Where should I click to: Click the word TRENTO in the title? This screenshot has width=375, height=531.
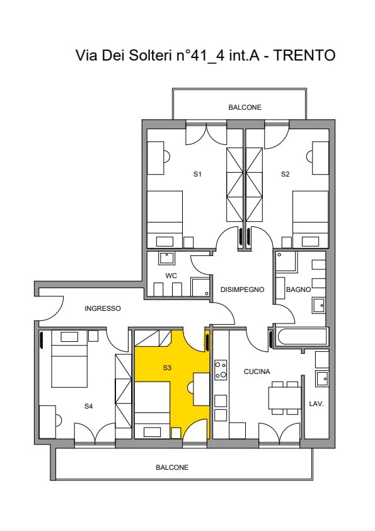[304, 55]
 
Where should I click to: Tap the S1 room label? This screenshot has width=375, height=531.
[198, 174]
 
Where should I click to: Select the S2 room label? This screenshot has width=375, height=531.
[286, 174]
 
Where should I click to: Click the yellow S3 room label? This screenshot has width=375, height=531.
[167, 368]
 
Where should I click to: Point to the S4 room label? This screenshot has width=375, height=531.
[89, 406]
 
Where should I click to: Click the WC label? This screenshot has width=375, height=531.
[171, 276]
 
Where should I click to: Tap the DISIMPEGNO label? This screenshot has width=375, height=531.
[242, 289]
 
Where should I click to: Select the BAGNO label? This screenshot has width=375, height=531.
[299, 289]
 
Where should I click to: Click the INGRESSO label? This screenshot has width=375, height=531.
[103, 308]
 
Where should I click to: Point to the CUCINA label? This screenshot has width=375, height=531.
[257, 371]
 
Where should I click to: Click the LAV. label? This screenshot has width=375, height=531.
[317, 404]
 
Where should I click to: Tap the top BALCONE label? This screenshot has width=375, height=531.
[245, 107]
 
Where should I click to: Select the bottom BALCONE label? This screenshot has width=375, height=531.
[172, 467]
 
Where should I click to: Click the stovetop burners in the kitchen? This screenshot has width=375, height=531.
[221, 370]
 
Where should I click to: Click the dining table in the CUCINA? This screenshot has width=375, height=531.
[285, 398]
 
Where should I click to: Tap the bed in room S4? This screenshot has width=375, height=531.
[69, 359]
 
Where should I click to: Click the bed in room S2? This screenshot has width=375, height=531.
[310, 219]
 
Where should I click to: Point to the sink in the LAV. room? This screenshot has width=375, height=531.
[322, 378]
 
